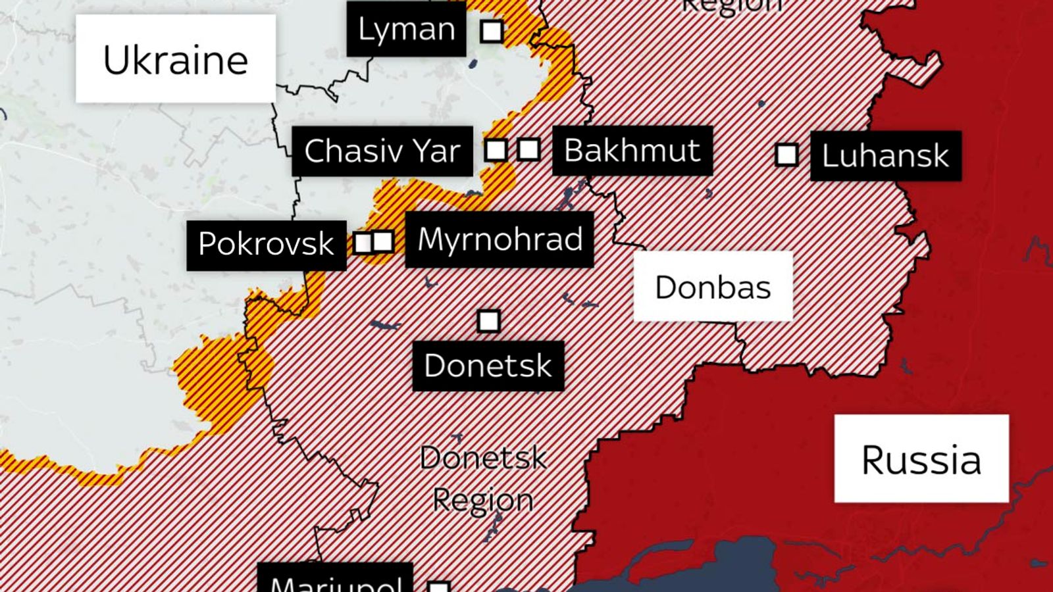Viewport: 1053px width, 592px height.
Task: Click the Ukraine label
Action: (x=175, y=59)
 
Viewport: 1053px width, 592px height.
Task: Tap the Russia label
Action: (x=921, y=458)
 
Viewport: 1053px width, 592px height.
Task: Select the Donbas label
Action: (x=713, y=287)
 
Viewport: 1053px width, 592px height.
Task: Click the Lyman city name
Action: (x=406, y=29)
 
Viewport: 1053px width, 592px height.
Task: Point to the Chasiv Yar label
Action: (x=382, y=151)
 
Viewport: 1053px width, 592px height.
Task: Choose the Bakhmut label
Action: (x=632, y=150)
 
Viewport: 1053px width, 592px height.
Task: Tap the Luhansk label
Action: (x=885, y=156)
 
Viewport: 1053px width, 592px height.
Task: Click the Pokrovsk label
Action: (x=266, y=244)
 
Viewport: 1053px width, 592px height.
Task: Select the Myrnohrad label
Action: (x=500, y=239)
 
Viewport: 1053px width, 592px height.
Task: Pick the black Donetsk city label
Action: (x=488, y=366)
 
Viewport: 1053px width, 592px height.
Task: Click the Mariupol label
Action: (x=335, y=582)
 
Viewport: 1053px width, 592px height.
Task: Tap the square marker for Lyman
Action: (x=492, y=31)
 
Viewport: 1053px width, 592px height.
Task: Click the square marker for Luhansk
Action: (x=786, y=155)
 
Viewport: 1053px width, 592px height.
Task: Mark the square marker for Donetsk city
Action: (x=488, y=321)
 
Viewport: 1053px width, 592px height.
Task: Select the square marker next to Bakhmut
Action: (x=528, y=149)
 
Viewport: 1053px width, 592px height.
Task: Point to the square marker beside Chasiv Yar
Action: (x=496, y=150)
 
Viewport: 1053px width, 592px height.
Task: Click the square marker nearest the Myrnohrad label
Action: (x=383, y=241)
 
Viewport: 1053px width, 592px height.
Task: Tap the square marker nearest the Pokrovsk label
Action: (x=363, y=243)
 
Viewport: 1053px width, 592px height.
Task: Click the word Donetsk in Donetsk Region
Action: (x=483, y=458)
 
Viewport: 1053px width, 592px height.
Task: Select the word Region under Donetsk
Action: (x=483, y=501)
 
